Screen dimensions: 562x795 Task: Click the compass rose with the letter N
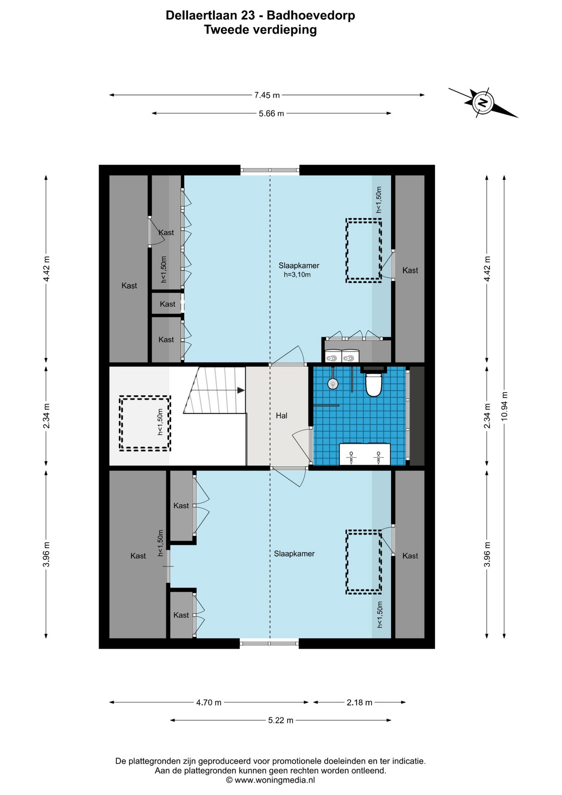pos(483,102)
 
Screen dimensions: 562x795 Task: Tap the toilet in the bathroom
pos(373,384)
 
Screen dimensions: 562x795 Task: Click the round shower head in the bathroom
pos(333,384)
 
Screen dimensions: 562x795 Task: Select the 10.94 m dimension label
pos(504,406)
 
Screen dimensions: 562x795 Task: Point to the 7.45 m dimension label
pos(267,95)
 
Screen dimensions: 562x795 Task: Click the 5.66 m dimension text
pos(271,113)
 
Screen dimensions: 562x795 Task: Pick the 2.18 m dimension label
pos(360,703)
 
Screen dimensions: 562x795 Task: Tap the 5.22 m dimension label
pos(281,720)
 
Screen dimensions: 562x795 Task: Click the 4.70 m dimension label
pos(209,703)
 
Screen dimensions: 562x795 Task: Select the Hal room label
pos(281,416)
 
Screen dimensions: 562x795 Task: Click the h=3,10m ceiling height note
pos(297,275)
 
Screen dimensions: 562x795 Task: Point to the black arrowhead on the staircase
pos(241,390)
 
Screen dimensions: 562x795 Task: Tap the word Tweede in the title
pos(227,30)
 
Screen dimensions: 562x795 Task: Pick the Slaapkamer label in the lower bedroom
pos(294,554)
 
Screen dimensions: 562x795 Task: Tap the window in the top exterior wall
pos(270,170)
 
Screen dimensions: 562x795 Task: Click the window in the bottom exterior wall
pos(269,643)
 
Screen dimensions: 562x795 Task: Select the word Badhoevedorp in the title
pos(311,16)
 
